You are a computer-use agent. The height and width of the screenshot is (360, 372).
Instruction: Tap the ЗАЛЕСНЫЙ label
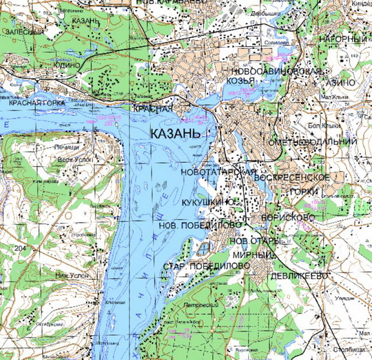pos(22,32)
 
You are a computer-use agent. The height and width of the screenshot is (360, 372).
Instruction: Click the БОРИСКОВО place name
pos(288,217)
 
